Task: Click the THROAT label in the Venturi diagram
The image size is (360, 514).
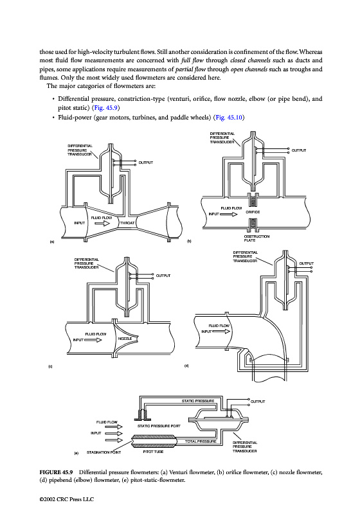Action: click(127, 223)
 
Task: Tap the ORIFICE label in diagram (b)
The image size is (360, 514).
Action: click(253, 212)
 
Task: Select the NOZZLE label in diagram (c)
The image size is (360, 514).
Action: click(125, 339)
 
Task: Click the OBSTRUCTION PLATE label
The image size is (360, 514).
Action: click(256, 238)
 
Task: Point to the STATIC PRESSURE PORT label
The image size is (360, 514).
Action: click(159, 426)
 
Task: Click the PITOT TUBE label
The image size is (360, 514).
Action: click(153, 452)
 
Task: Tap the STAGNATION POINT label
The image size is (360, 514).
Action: click(104, 452)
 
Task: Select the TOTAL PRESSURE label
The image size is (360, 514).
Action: click(201, 441)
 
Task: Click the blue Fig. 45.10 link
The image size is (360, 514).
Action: click(229, 118)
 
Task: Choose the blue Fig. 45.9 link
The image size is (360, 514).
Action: click(105, 108)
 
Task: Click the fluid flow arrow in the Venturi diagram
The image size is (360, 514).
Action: click(103, 223)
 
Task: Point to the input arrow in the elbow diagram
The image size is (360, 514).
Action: click(222, 332)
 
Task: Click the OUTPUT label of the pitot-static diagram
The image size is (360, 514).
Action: click(258, 402)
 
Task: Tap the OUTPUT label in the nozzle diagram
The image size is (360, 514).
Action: click(163, 276)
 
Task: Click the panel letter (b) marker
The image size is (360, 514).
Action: click(189, 242)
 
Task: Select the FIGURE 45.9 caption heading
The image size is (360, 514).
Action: click(56, 472)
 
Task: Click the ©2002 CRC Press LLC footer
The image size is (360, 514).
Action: click(67, 499)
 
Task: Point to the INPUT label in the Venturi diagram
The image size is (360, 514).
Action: click(80, 223)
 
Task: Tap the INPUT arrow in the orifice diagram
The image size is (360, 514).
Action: click(228, 214)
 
